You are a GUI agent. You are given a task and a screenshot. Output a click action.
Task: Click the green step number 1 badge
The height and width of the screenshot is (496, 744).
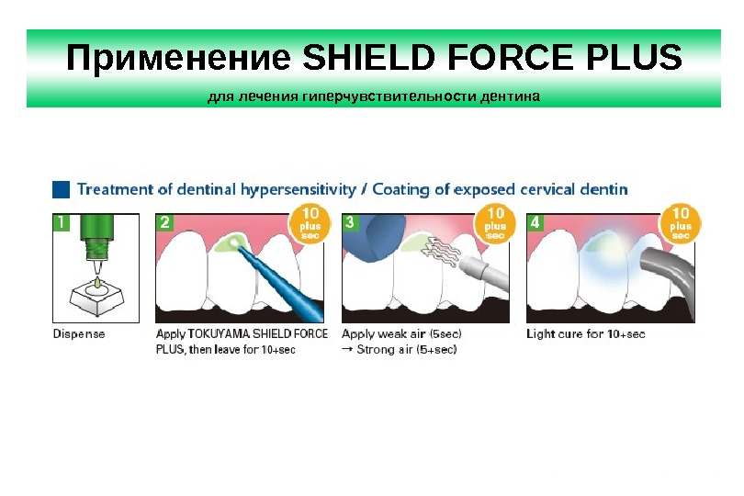coord(61,221)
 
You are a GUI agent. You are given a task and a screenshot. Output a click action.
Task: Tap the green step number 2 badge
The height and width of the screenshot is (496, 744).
coord(165,221)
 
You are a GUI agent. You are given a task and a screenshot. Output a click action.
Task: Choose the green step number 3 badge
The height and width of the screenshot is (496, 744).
coord(350,221)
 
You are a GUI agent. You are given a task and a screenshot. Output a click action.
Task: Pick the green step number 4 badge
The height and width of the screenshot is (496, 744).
coord(535,221)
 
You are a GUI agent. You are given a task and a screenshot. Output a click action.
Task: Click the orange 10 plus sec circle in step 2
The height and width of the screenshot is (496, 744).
coord(310,224)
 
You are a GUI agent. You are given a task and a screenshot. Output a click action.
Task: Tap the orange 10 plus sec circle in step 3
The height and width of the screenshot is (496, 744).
coord(495,224)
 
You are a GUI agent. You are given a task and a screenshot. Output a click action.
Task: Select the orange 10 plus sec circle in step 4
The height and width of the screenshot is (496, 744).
coord(681,224)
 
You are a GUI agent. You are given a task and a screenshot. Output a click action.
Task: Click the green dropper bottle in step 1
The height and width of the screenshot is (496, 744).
coord(96,239)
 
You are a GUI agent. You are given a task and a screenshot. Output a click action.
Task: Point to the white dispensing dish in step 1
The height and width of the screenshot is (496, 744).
coord(96,294)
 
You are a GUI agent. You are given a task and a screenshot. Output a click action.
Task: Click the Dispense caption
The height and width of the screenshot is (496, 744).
coord(79,333)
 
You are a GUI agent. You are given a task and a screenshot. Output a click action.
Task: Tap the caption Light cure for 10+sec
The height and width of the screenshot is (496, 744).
coord(585,333)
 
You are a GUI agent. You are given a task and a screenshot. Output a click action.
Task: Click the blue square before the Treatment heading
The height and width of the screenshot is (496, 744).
coord(61,189)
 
